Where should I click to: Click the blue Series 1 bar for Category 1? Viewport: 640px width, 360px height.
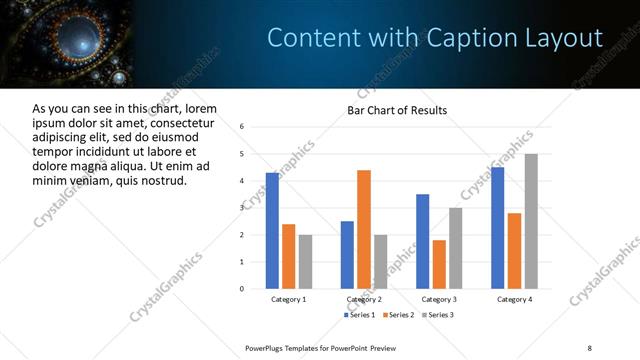pyautogui.click(x=272, y=230)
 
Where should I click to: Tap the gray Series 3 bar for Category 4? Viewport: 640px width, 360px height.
pyautogui.click(x=531, y=221)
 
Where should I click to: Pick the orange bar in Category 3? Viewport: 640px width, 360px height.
pyautogui.click(x=439, y=264)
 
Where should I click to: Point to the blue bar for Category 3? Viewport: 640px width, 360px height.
pyautogui.click(x=423, y=241)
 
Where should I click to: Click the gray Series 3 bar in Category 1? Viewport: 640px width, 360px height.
pyautogui.click(x=305, y=261)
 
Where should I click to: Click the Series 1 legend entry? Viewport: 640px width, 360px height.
pyautogui.click(x=361, y=315)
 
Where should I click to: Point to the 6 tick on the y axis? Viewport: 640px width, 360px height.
pyautogui.click(x=242, y=127)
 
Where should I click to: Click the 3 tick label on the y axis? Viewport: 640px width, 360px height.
pyautogui.click(x=242, y=208)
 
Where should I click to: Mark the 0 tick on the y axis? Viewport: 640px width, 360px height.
pyautogui.click(x=242, y=289)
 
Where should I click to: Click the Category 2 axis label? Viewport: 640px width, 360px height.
pyautogui.click(x=364, y=299)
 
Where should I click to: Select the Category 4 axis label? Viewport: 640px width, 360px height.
pyautogui.click(x=515, y=299)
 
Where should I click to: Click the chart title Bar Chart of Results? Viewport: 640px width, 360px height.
pyautogui.click(x=397, y=110)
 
